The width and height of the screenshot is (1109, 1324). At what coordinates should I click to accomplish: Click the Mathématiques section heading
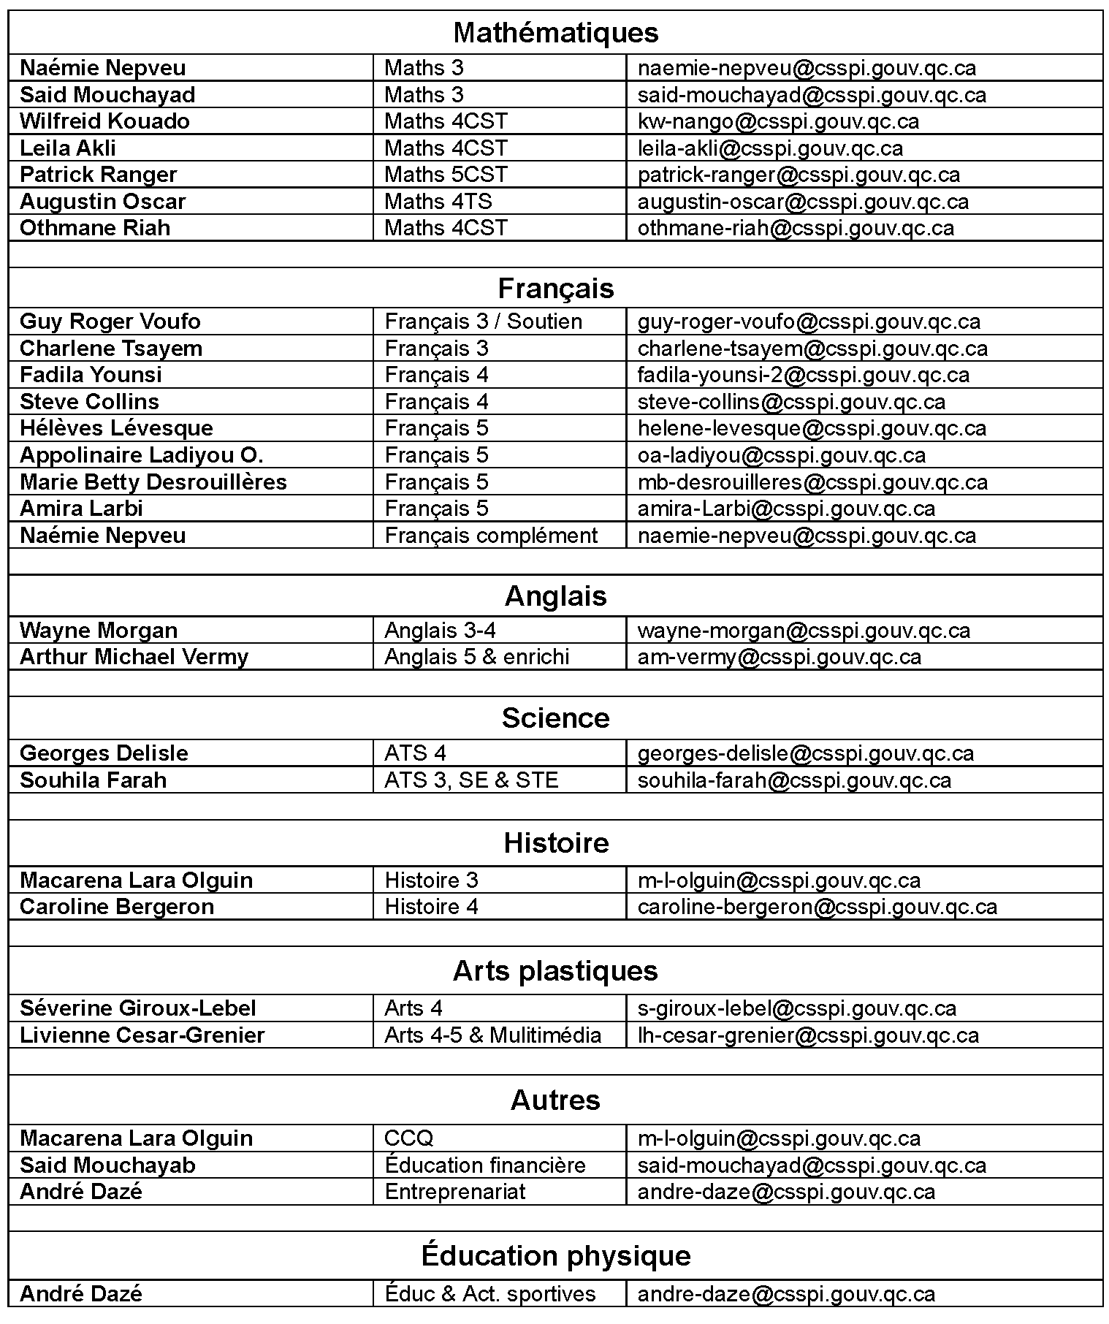[555, 32]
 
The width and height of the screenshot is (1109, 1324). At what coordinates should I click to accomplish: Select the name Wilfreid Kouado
[104, 121]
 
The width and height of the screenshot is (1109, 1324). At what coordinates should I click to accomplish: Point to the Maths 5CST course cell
[446, 175]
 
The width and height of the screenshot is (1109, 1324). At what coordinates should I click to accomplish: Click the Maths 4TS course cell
[438, 202]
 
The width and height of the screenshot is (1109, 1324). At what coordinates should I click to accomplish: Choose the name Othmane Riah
[95, 228]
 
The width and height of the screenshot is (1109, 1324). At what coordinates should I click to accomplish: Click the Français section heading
[555, 288]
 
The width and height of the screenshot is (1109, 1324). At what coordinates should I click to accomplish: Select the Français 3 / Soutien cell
[484, 322]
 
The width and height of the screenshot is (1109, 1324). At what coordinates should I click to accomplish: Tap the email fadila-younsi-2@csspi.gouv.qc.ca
[804, 375]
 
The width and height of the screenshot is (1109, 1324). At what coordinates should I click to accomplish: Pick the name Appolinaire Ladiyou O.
[141, 455]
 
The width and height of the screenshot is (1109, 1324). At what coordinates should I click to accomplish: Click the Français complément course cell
[491, 536]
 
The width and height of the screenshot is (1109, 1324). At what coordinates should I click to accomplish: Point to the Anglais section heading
[555, 596]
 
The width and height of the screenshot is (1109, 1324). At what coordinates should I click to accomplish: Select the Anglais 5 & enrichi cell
[476, 657]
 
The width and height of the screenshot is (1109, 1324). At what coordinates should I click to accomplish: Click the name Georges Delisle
[104, 753]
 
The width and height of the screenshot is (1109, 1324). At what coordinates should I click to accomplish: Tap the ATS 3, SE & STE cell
[471, 780]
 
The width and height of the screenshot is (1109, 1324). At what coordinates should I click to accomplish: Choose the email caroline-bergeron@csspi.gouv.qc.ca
[817, 907]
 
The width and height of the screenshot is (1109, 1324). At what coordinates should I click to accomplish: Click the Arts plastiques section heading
[555, 970]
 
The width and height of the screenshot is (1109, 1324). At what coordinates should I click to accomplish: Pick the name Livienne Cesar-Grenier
[142, 1035]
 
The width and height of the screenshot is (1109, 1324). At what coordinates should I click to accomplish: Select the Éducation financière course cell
[485, 1165]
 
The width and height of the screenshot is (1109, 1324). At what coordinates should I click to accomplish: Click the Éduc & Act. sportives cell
[489, 1294]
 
